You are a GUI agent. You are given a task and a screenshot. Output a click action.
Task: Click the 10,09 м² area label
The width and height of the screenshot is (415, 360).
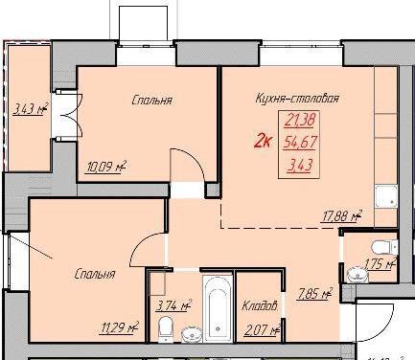click(x=105, y=167)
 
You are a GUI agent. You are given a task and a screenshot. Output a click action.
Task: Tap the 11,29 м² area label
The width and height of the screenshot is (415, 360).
click(x=120, y=327)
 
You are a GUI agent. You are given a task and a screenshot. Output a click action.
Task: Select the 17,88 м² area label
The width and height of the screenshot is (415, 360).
click(x=342, y=216)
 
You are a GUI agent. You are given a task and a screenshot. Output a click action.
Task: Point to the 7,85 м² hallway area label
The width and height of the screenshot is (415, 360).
click(x=315, y=294)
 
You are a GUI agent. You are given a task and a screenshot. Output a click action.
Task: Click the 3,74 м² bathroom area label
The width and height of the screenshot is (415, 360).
click(x=173, y=305)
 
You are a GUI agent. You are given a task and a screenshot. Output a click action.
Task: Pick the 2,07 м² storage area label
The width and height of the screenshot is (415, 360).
click(x=262, y=330)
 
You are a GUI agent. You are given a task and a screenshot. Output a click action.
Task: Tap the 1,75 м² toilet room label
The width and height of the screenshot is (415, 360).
click(x=380, y=264)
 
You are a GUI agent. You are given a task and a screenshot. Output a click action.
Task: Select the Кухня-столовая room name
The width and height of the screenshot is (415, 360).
click(x=297, y=99)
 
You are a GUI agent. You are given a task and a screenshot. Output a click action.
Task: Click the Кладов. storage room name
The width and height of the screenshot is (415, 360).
click(x=260, y=306)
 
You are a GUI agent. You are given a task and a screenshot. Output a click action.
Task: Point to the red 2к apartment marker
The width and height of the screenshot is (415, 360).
click(x=263, y=142)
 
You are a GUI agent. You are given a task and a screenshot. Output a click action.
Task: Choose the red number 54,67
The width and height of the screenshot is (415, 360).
click(x=300, y=143)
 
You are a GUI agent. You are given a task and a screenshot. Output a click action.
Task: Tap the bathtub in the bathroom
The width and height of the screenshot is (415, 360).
click(x=218, y=307)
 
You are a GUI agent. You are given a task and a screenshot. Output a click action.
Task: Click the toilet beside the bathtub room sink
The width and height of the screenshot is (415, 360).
click(x=166, y=328)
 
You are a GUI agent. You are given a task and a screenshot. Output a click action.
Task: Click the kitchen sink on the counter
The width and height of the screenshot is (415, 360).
click(x=386, y=196)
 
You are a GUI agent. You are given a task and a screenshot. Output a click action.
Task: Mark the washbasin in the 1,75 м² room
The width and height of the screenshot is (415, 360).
click(x=357, y=275)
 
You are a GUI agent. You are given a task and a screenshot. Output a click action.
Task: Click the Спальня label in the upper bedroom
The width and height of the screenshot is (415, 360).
click(x=152, y=101)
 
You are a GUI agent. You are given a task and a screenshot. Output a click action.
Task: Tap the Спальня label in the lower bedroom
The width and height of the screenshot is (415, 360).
click(x=95, y=274)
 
